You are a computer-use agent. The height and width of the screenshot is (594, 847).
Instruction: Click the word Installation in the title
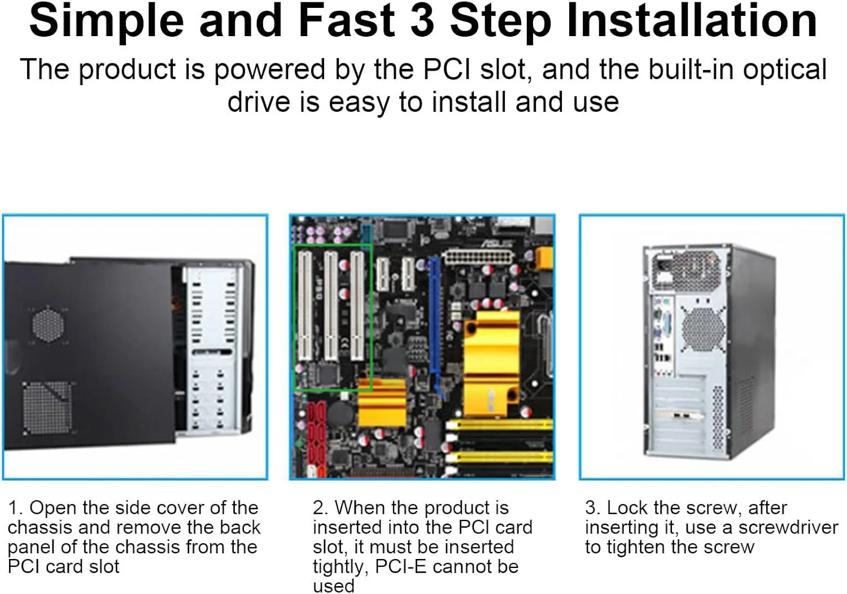(692, 20)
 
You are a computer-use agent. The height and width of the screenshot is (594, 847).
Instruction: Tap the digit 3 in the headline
(422, 21)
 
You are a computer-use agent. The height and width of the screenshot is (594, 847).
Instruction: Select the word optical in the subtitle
(785, 71)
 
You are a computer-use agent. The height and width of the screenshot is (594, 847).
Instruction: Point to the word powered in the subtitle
(269, 71)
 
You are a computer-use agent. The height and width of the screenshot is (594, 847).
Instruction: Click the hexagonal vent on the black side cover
(48, 325)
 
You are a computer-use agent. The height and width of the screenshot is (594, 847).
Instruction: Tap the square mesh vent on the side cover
(47, 408)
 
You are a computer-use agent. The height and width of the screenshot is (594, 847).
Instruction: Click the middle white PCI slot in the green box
(331, 306)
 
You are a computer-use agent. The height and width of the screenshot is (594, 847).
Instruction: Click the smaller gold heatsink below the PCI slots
(382, 403)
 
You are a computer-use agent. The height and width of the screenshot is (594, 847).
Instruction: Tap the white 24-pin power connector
(479, 258)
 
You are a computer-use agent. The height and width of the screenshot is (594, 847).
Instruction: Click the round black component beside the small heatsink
(340, 412)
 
